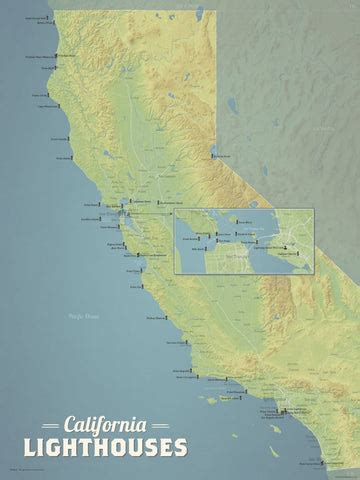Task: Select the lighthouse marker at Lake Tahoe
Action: click(x=213, y=155)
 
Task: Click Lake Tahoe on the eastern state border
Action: click(x=211, y=148)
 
